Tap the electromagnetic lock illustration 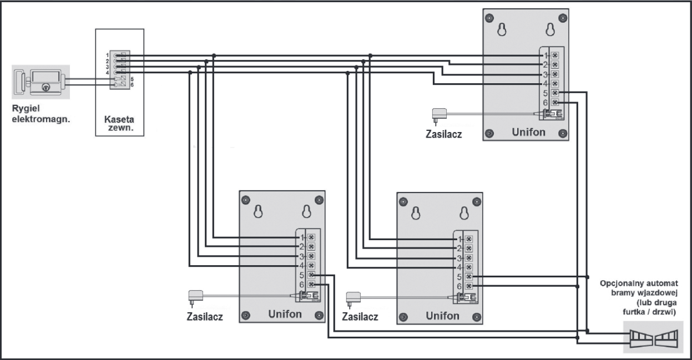coord(41,82)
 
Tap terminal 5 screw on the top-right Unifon coord(555,93)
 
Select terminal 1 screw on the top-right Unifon coord(555,55)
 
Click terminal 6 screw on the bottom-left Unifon coord(311,285)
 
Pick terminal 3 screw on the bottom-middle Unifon coord(469,258)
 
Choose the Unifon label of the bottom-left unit coord(285,315)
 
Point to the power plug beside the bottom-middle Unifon coord(352,298)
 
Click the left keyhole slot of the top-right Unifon coord(502,29)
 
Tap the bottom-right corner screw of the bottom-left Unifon coord(319,316)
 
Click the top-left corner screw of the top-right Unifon coord(489,18)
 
